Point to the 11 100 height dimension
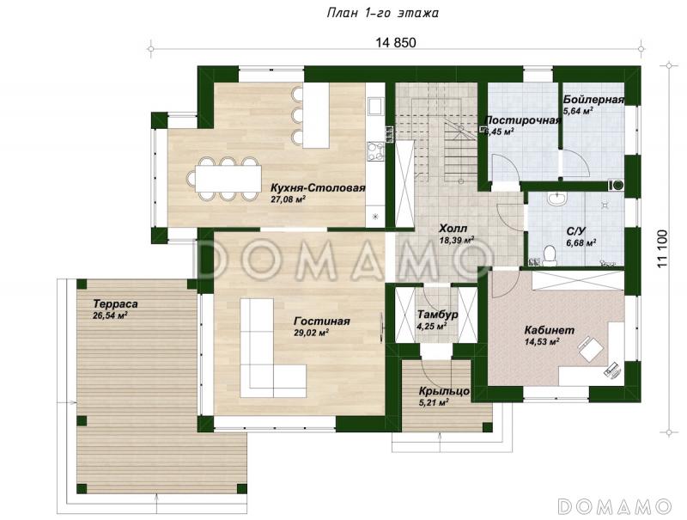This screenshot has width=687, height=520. pyautogui.click(x=662, y=250)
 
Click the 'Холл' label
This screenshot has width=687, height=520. pyautogui.click(x=453, y=228)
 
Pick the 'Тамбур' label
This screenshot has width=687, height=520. pyautogui.click(x=436, y=315)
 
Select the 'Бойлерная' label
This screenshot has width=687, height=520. pyautogui.click(x=593, y=101)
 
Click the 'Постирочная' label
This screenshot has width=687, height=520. pyautogui.click(x=522, y=120)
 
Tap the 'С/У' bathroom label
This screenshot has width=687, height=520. pyautogui.click(x=576, y=230)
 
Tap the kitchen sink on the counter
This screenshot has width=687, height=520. pyautogui.click(x=375, y=106)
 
